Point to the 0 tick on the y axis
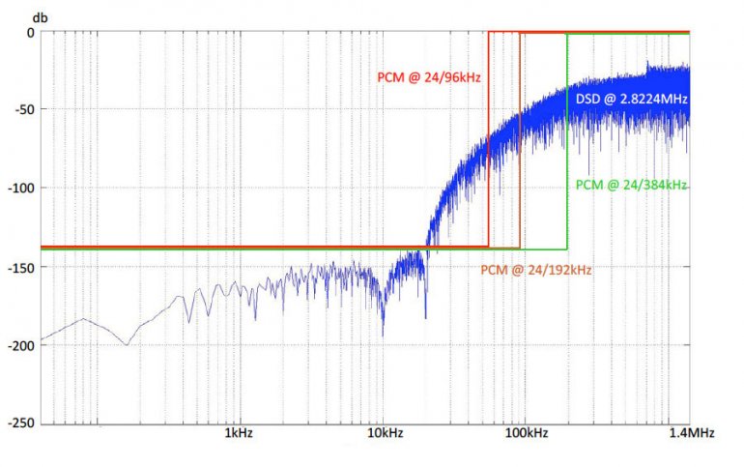(31, 32)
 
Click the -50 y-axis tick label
(24, 109)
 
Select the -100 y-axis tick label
(21, 188)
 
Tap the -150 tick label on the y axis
(21, 266)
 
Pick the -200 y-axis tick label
(21, 344)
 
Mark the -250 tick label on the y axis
(21, 423)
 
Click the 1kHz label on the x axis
(238, 434)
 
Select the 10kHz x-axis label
(385, 434)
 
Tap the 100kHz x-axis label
(528, 434)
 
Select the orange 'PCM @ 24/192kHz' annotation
(535, 271)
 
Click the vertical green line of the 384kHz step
(567, 145)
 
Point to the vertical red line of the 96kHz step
(489, 145)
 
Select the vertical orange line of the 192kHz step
(520, 145)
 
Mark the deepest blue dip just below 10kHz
(383, 335)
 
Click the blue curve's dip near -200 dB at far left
(127, 344)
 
